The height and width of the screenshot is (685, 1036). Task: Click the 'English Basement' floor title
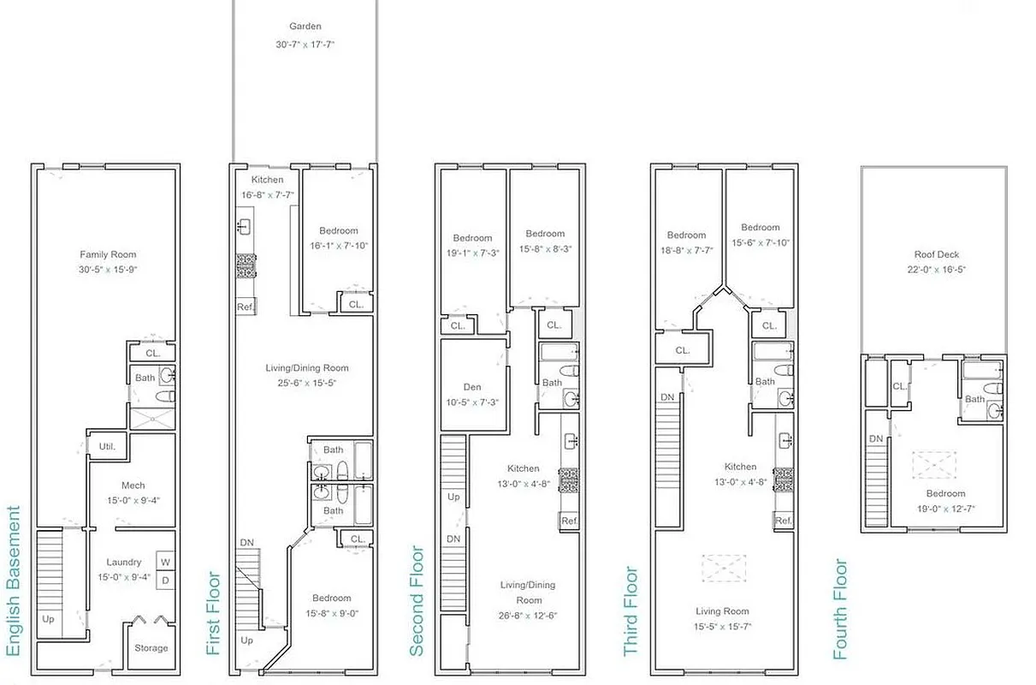13,581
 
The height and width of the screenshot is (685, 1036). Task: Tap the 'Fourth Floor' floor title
841,609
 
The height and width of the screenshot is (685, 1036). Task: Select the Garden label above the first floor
305,27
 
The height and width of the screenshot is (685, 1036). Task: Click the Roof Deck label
936,254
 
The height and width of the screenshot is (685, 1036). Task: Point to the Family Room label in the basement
108,254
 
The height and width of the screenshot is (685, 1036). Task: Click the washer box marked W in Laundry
166,562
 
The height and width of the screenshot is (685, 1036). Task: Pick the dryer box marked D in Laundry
166,580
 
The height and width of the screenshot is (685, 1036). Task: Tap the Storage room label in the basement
151,648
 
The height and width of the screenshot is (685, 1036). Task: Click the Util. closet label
107,446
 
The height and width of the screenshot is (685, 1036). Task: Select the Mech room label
133,485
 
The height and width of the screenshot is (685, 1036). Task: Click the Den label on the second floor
472,386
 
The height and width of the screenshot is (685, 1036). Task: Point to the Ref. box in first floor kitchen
246,307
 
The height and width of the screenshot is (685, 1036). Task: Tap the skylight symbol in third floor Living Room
724,569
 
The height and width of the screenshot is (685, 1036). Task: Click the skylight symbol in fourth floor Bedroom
933,464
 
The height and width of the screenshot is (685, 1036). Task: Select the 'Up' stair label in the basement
48,617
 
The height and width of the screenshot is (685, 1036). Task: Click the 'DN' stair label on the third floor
667,397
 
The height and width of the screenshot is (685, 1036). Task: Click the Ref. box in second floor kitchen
568,521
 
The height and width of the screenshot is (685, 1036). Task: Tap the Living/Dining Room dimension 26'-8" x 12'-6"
528,616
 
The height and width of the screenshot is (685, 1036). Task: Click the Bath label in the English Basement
145,378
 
